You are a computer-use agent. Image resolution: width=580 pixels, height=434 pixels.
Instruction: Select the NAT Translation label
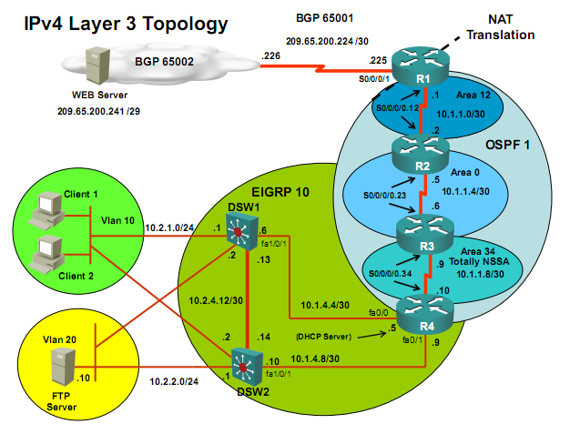click(500, 27)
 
